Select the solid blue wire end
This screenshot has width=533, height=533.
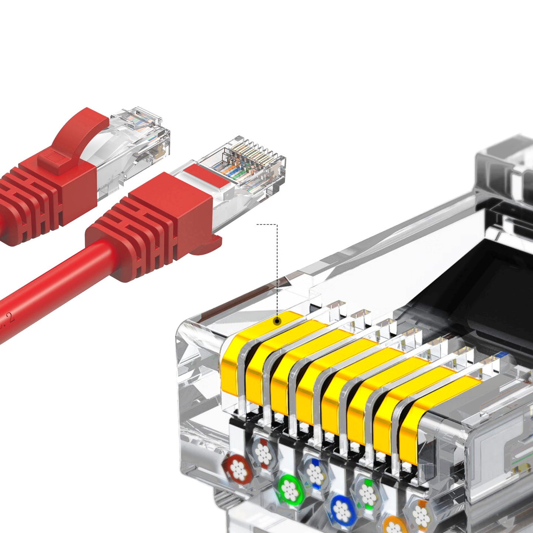click(x=342, y=511)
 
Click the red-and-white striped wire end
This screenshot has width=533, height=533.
click(x=263, y=453)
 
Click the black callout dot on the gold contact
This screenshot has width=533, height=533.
click(x=277, y=321)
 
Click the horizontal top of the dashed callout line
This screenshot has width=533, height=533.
click(x=266, y=224)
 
